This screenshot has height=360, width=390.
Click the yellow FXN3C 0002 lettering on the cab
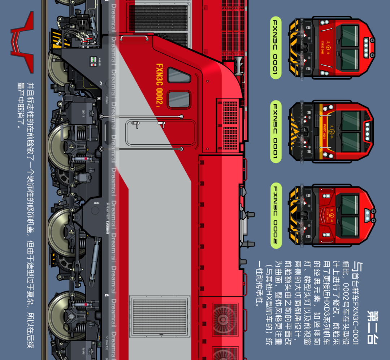160,85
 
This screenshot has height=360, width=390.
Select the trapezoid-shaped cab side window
179,75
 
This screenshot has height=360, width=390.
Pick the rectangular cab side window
179,100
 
